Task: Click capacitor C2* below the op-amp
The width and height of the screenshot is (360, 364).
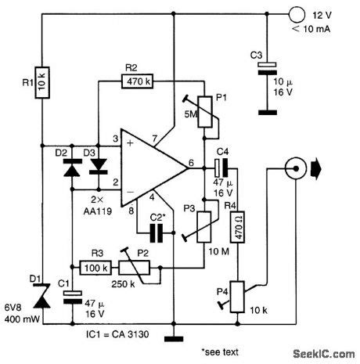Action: (157, 232)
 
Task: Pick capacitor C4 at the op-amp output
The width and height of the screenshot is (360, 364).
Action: (222, 165)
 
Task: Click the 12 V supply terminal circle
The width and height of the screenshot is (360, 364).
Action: (295, 13)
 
